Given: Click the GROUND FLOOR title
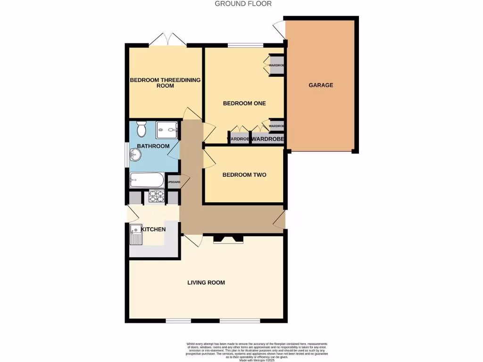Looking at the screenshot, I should pyautogui.click(x=243, y=4).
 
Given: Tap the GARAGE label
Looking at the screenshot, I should pyautogui.click(x=321, y=85).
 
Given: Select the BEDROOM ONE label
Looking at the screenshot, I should pyautogui.click(x=244, y=103).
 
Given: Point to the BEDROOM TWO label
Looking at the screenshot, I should pyautogui.click(x=244, y=175).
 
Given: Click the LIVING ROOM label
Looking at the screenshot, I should pyautogui.click(x=206, y=283).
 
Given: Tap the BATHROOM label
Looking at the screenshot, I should pyautogui.click(x=153, y=146).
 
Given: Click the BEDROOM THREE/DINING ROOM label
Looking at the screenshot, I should pyautogui.click(x=165, y=83).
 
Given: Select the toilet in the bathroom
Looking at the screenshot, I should pyautogui.click(x=141, y=129).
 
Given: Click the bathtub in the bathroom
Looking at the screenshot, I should pyautogui.click(x=147, y=180).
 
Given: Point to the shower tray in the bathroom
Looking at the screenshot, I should pyautogui.click(x=167, y=129).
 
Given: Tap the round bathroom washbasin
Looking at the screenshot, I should pyautogui.click(x=135, y=154).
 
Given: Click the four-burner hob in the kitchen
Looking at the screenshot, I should pyautogui.click(x=156, y=196).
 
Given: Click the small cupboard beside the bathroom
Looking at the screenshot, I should pyautogui.click(x=174, y=182).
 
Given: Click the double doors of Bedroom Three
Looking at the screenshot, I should pyautogui.click(x=168, y=40).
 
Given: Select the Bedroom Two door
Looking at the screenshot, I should pyautogui.click(x=208, y=159).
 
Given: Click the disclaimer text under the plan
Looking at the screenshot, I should pyautogui.click(x=257, y=352).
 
